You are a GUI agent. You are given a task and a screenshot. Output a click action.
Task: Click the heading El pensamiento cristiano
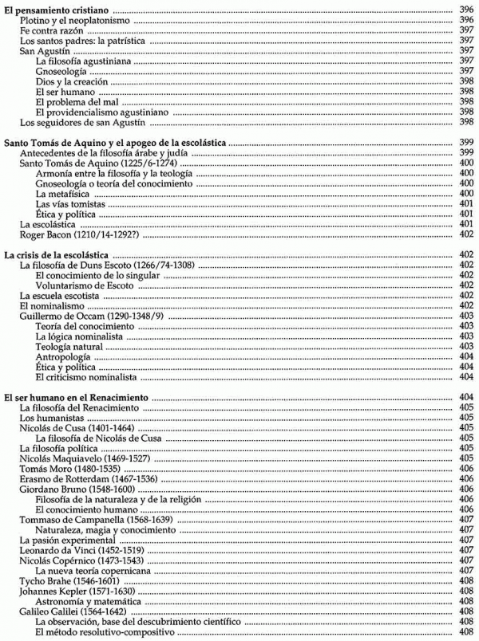[57, 6]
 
